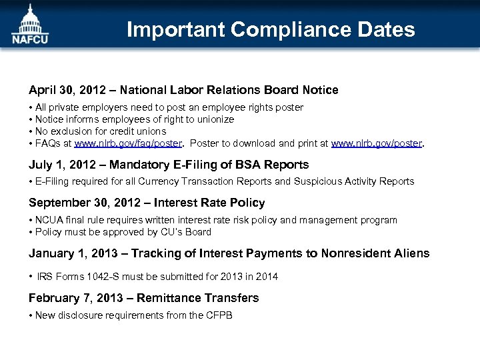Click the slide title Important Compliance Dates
(271, 29)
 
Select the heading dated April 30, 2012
(183, 90)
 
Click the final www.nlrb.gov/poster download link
(377, 143)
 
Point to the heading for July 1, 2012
(169, 165)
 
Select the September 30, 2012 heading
(147, 203)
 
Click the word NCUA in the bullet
(48, 220)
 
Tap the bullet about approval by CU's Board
(123, 232)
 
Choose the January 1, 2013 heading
(229, 253)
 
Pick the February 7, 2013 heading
(143, 298)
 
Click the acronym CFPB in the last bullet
(220, 315)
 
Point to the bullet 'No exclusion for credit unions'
(100, 131)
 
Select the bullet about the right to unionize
(134, 119)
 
